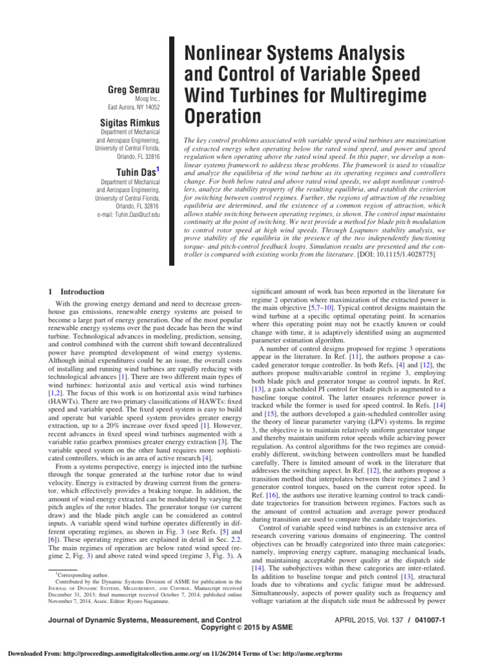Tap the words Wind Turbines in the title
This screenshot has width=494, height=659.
[246, 96]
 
